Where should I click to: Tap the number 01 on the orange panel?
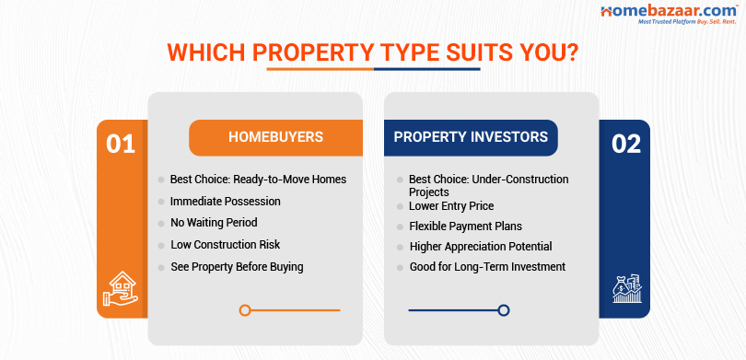click(121, 145)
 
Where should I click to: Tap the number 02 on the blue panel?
click(625, 145)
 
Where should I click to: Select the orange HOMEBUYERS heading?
click(275, 137)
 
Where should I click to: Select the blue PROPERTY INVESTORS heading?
click(471, 137)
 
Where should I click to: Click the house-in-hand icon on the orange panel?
click(122, 288)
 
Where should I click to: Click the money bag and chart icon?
click(625, 289)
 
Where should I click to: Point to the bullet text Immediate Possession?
click(225, 201)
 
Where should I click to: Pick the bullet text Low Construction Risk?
click(226, 245)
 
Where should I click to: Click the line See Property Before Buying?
click(237, 267)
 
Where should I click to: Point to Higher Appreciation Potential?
click(480, 247)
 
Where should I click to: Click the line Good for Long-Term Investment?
click(487, 267)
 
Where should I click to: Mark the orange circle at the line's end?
click(245, 310)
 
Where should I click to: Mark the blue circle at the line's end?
click(503, 310)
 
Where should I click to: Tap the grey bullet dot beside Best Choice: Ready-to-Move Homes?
click(161, 180)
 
